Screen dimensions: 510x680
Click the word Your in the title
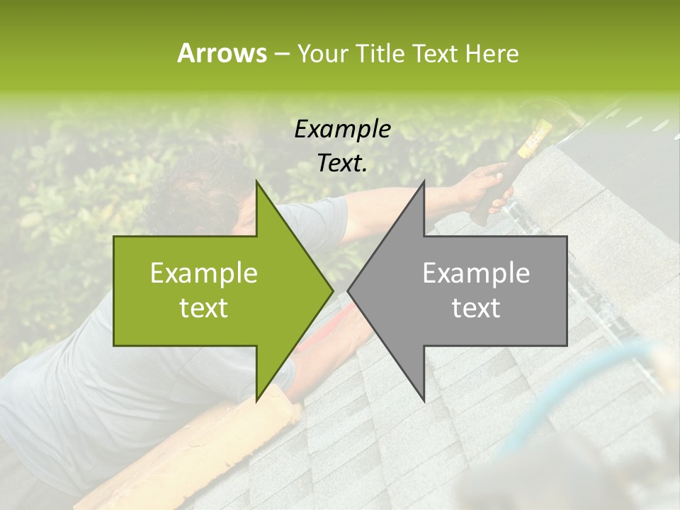pos(322,54)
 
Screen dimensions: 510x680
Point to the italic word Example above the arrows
pos(342,130)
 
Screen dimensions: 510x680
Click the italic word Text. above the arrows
pos(342,164)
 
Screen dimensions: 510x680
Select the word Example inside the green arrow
pos(204,273)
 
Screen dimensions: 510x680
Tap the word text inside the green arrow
pos(204,308)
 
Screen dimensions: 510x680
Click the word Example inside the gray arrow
pos(476,273)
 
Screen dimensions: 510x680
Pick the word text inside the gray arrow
pos(476,308)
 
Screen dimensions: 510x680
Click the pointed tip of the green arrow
pos(331,290)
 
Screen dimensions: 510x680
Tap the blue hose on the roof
pos(567,397)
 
